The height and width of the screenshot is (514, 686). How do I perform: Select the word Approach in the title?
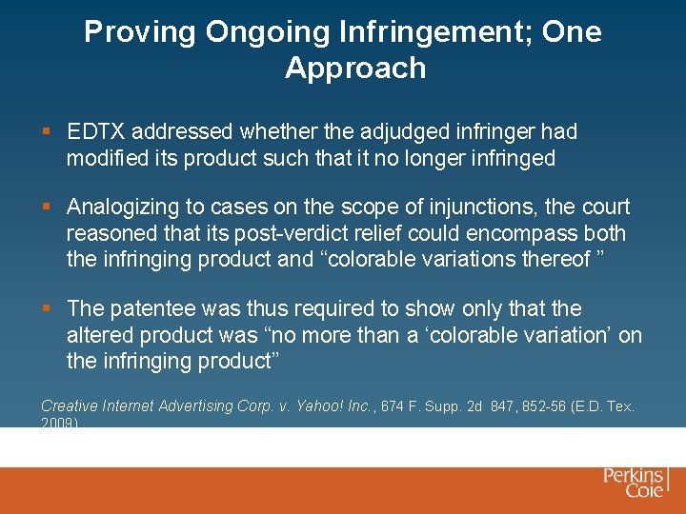click(354, 68)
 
